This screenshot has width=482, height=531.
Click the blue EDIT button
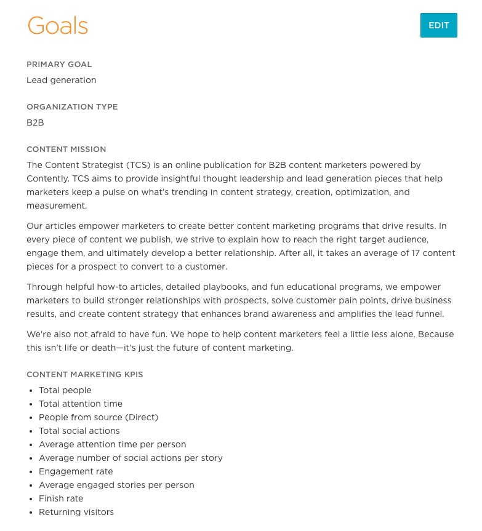pyautogui.click(x=438, y=25)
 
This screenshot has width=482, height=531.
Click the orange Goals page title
pyautogui.click(x=58, y=26)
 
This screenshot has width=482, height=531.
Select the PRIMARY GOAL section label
pyautogui.click(x=59, y=64)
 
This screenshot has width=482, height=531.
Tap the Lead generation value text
pyautogui.click(x=62, y=80)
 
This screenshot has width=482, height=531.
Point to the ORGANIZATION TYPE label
pyautogui.click(x=72, y=106)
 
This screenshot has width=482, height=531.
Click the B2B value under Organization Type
pyautogui.click(x=35, y=122)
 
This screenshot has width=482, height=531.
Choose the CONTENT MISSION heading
pyautogui.click(x=66, y=149)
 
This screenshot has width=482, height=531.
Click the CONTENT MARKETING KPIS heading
pyautogui.click(x=85, y=374)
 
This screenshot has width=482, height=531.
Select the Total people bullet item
pyautogui.click(x=65, y=390)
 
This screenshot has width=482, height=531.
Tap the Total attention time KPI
pyautogui.click(x=81, y=404)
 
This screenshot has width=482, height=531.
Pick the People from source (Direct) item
pyautogui.click(x=98, y=417)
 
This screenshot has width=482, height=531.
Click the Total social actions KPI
pyautogui.click(x=79, y=431)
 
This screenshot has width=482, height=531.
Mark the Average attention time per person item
pyautogui.click(x=113, y=444)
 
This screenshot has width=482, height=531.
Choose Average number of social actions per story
pyautogui.click(x=131, y=458)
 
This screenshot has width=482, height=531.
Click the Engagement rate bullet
pyautogui.click(x=76, y=471)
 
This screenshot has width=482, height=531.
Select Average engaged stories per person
pyautogui.click(x=116, y=485)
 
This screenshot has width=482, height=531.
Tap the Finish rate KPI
pyautogui.click(x=61, y=498)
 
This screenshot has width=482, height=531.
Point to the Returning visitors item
pyautogui.click(x=76, y=512)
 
